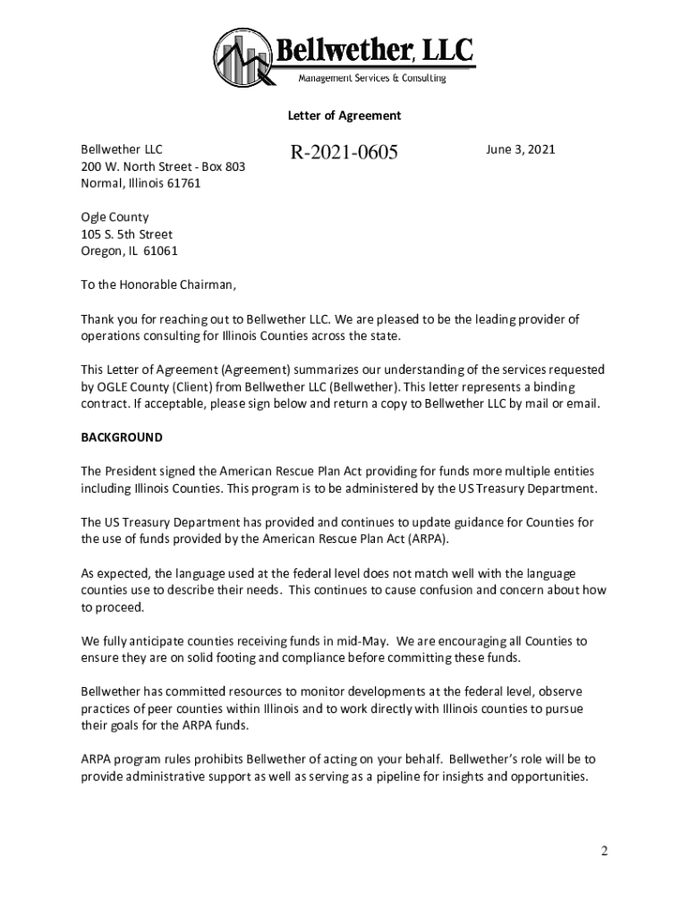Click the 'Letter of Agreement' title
pyautogui.click(x=344, y=115)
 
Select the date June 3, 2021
pyautogui.click(x=520, y=149)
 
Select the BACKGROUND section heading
pyautogui.click(x=122, y=437)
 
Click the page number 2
pyautogui.click(x=605, y=851)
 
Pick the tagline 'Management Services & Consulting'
pyautogui.click(x=371, y=79)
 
